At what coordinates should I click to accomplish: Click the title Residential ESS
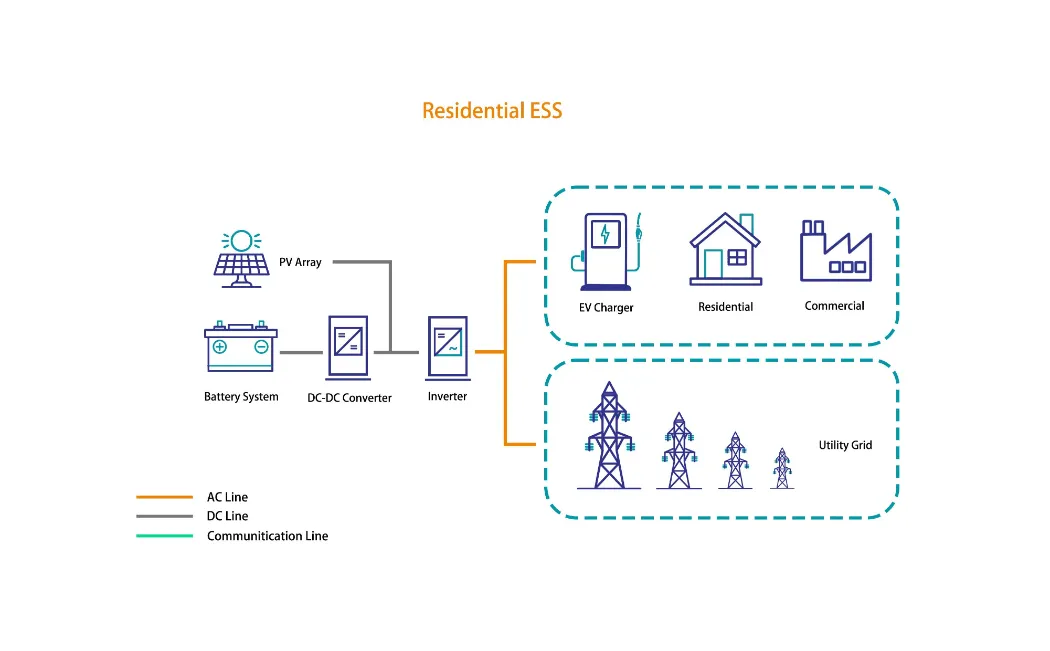tap(492, 111)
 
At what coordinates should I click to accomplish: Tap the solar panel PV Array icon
tap(241, 259)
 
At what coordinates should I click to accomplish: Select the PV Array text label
tap(300, 262)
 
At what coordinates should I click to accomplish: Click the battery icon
tap(241, 347)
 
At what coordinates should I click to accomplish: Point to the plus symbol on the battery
tap(220, 348)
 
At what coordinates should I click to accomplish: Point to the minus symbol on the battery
tap(261, 348)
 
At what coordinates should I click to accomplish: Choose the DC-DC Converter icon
tap(348, 346)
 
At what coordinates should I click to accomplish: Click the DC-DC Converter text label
tap(349, 398)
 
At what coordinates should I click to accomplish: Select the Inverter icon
tap(447, 346)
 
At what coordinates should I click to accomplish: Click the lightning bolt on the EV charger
tap(604, 235)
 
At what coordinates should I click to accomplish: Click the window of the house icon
tap(737, 257)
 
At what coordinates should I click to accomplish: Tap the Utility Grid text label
tap(845, 445)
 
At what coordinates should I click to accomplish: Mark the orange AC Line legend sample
tap(164, 497)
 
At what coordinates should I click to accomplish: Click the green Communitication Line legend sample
tap(164, 536)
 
